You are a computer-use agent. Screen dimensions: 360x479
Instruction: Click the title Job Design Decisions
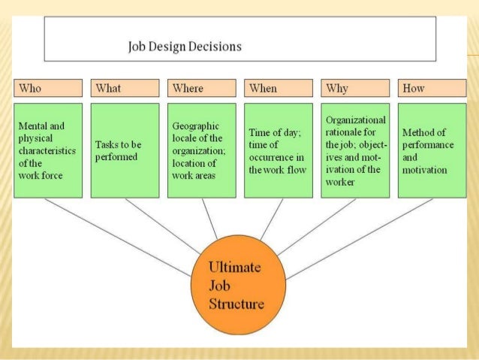tap(184, 47)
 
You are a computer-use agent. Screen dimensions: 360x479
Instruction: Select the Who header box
tap(48, 88)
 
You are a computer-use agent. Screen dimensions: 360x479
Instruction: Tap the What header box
tap(125, 88)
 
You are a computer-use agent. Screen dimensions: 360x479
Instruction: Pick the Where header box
tap(201, 88)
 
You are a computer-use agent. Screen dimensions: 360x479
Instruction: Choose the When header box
tap(278, 88)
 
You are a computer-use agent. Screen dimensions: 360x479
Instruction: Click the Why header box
tap(354, 88)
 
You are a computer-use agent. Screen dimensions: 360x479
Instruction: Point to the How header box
tap(431, 88)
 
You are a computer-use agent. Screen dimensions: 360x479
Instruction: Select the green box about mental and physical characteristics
tap(48, 150)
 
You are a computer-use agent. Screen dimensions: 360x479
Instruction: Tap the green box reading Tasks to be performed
tap(125, 150)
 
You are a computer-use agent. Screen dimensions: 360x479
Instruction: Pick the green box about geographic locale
tap(201, 150)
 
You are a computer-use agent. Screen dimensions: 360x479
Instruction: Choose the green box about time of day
tap(278, 150)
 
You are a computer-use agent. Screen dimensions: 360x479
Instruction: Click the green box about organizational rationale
tap(354, 150)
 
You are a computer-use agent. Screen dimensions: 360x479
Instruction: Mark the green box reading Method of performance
tap(431, 150)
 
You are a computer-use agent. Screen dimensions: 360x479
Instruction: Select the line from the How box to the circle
tap(360, 237)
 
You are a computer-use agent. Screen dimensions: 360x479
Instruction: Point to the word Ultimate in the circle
tap(234, 268)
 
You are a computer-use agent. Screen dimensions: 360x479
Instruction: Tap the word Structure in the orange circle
tap(236, 304)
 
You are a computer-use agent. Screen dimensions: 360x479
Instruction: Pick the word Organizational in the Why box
tap(356, 119)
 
